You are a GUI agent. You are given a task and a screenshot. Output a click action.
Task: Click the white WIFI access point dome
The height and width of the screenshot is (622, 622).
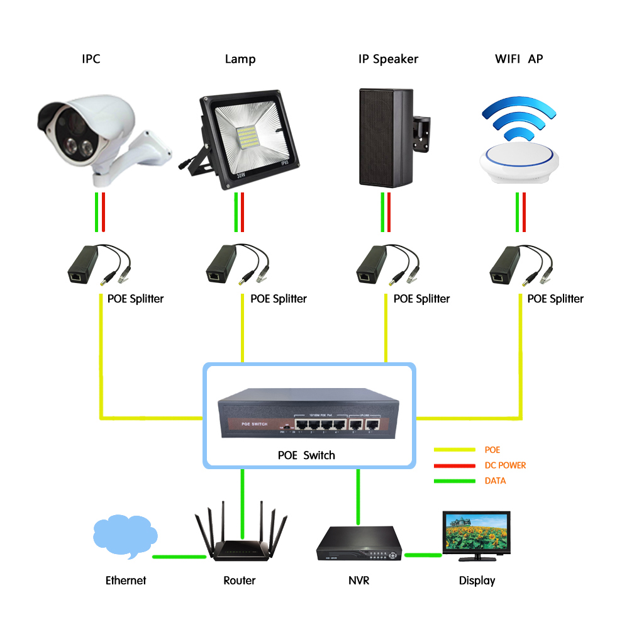(x=519, y=160)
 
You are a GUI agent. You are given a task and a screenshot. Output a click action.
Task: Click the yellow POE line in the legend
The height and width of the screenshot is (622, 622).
(x=454, y=450)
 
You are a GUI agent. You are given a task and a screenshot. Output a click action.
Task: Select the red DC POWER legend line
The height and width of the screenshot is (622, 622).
(x=454, y=465)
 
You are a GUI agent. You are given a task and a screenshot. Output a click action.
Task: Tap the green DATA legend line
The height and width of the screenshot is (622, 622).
(x=454, y=481)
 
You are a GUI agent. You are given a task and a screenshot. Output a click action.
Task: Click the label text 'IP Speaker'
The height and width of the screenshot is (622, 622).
(x=388, y=59)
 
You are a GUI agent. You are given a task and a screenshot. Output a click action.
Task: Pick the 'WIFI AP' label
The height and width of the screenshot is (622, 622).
(x=519, y=59)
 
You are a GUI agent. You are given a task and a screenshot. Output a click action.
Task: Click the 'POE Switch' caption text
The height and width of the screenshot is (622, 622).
(x=306, y=455)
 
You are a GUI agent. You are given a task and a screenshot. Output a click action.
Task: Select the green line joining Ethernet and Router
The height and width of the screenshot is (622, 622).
(x=179, y=557)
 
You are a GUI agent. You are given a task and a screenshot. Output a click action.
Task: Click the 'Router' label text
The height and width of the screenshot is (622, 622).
(x=240, y=580)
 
